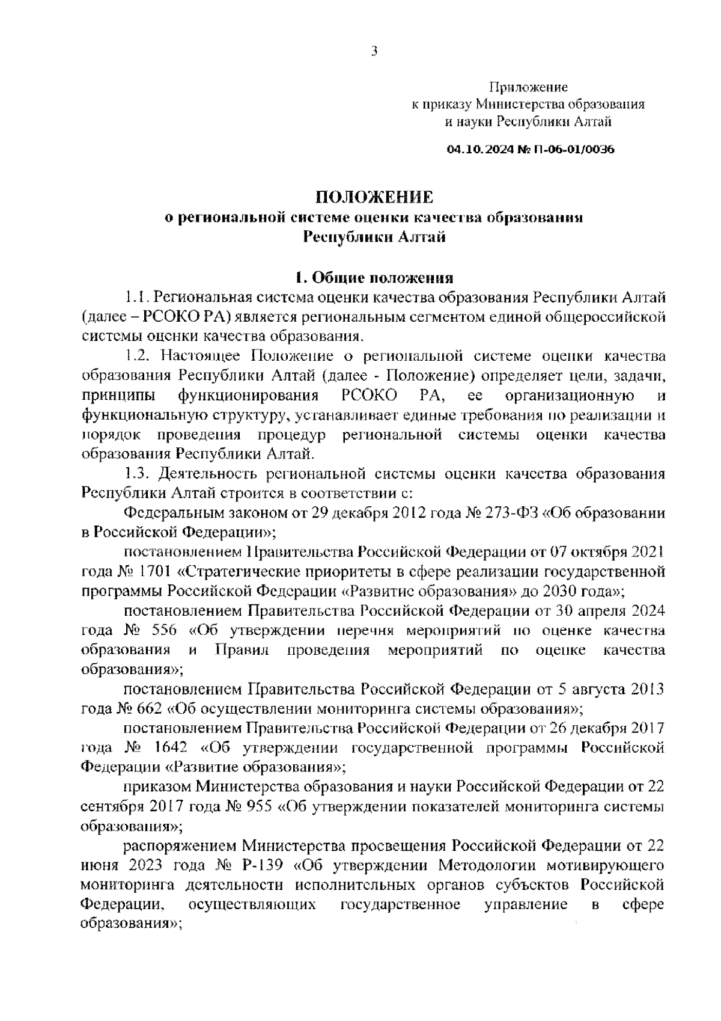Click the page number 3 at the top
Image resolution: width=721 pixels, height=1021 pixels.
tap(374, 52)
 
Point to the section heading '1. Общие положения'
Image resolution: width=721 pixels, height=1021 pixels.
tap(374, 278)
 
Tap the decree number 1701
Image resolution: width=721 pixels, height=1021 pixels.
tap(142, 571)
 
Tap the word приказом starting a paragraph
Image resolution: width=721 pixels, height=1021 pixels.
tap(155, 786)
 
